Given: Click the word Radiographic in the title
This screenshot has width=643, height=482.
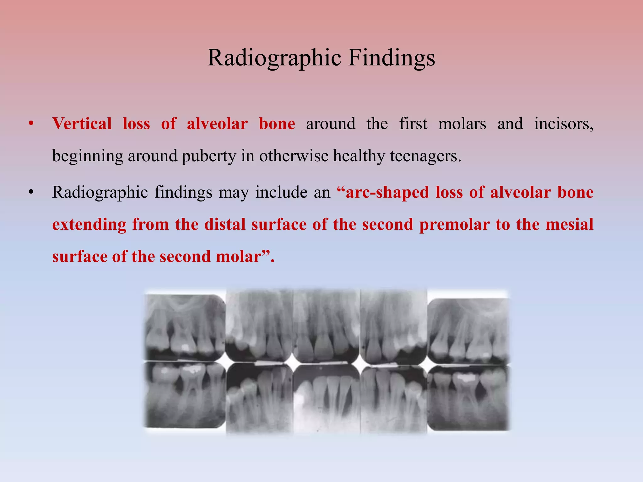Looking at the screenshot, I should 274,58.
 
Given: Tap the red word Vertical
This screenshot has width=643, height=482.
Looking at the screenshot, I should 82,124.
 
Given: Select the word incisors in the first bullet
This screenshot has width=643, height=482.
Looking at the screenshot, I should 564,124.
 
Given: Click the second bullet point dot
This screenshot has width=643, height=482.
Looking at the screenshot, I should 30,192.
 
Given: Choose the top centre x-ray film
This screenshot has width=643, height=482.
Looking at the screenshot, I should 327,326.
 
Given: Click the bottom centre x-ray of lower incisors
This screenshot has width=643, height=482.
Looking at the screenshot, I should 327,399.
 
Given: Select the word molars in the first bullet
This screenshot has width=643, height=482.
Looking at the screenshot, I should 462,124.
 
